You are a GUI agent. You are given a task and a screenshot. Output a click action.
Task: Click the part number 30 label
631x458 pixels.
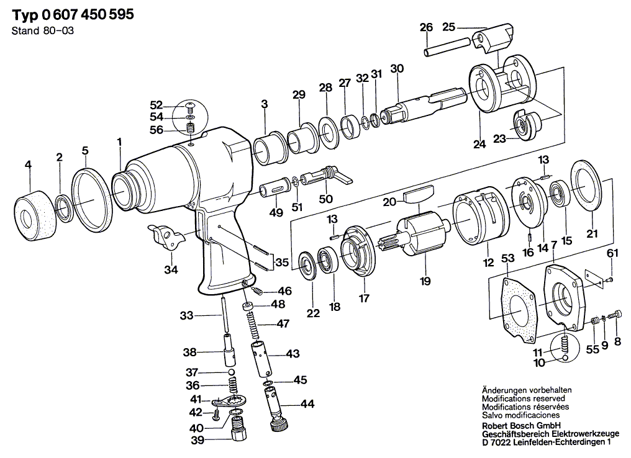pyautogui.click(x=397, y=69)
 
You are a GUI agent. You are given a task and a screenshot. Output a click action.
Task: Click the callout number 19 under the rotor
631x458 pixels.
pyautogui.click(x=425, y=281)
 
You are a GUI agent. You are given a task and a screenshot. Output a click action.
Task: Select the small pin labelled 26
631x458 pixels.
pyautogui.click(x=447, y=47)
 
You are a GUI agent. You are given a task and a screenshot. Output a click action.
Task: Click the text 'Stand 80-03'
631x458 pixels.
pyautogui.click(x=43, y=31)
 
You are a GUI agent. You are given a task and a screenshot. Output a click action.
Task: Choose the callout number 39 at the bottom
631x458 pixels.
pyautogui.click(x=197, y=440)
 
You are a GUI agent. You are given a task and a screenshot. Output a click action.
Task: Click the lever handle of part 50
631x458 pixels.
pyautogui.click(x=343, y=177)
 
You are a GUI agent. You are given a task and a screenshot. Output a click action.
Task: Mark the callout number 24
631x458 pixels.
pyautogui.click(x=479, y=144)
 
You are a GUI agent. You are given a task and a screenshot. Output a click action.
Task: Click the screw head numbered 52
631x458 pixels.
pyautogui.click(x=190, y=106)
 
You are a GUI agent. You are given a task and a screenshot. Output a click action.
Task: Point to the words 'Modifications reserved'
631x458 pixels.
pyautogui.click(x=524, y=398)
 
